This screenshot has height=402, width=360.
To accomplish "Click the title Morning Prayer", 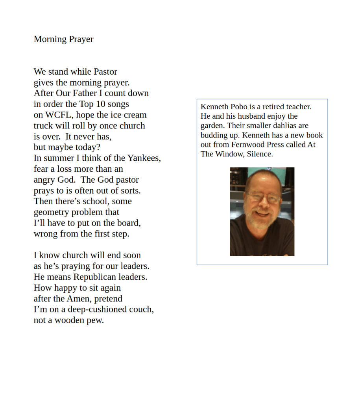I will coord(63,39).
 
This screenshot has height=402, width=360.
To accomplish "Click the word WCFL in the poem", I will coord(54,115).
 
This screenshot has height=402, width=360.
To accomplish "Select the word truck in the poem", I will coord(43,126).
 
